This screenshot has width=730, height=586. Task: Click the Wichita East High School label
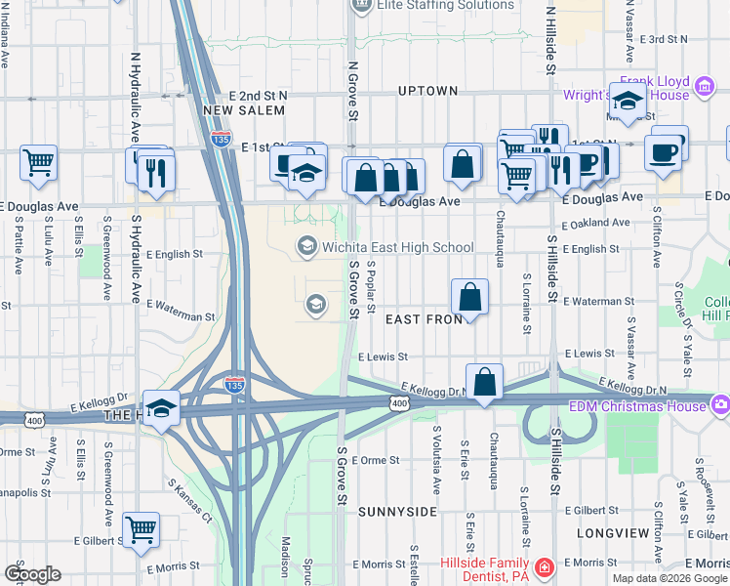pos(397,247)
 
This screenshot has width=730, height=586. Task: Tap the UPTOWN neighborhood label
pos(428,91)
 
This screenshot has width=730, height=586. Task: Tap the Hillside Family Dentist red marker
pos(544,567)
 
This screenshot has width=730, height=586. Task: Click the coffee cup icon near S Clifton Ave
pos(664,152)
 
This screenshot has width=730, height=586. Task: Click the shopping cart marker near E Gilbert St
pos(142,529)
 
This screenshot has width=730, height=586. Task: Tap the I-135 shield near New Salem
pos(221,138)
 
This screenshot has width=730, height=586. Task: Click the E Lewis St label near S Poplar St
pos(383,357)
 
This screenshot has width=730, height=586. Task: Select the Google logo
pos(32,573)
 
